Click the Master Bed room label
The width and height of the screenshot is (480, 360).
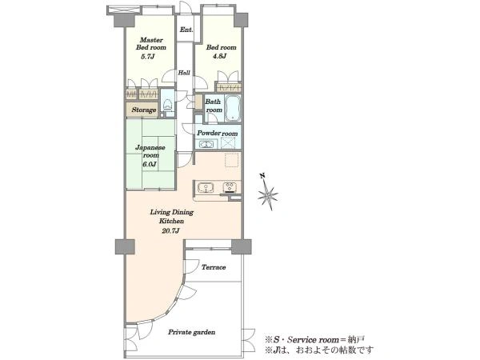(x=151, y=44)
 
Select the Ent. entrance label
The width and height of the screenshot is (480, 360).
(x=186, y=30)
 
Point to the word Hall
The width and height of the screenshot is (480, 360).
(x=184, y=73)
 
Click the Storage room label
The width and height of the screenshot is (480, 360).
(x=144, y=110)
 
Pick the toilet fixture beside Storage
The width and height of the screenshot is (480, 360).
(x=167, y=104)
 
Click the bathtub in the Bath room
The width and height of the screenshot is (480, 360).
(x=232, y=108)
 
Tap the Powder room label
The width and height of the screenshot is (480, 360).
(x=218, y=133)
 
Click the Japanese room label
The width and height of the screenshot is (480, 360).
(x=150, y=151)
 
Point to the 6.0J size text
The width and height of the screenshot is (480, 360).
(x=149, y=164)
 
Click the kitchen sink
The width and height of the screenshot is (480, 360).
(x=206, y=187)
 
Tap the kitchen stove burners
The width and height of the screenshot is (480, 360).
(x=230, y=187)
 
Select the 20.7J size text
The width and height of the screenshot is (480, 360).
(x=170, y=231)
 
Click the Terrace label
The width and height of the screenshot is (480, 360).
(x=214, y=267)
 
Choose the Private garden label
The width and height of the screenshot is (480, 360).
(x=192, y=332)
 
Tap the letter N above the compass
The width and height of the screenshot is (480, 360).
(x=262, y=176)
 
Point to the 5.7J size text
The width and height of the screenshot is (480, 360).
(x=148, y=57)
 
